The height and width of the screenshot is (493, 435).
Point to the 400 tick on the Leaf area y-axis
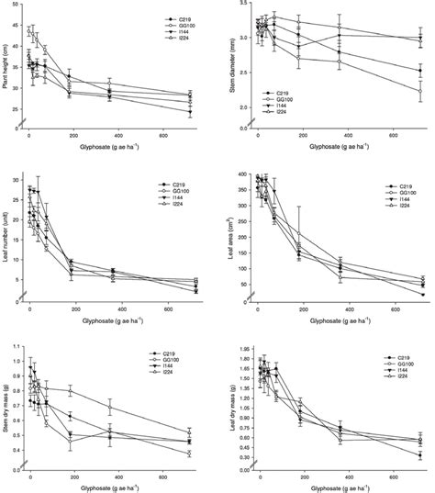tap(242, 174)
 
